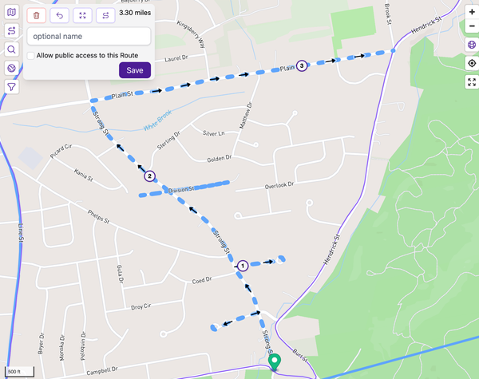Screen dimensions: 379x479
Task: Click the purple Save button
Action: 135,70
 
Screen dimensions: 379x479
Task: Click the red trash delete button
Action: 36,14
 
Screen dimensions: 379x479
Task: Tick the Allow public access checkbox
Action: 30,55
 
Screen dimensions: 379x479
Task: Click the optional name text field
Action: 89,36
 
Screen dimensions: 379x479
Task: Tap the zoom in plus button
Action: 471,12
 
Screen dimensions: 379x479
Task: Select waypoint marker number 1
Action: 243,265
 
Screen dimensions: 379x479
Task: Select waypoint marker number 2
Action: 149,176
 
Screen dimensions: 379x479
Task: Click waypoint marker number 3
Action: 301,65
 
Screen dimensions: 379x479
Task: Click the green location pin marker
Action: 275,362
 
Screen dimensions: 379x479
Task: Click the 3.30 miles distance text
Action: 134,14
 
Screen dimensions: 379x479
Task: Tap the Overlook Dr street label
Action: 279,185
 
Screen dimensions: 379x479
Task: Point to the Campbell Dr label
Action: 104,370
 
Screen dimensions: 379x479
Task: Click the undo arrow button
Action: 59,14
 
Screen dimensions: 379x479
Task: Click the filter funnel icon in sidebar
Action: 11,87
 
